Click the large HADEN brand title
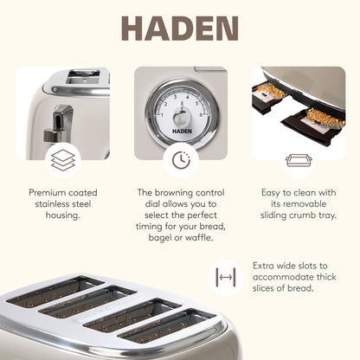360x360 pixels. (179, 29)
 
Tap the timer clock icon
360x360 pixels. (180, 159)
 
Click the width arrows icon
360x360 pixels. (227, 278)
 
